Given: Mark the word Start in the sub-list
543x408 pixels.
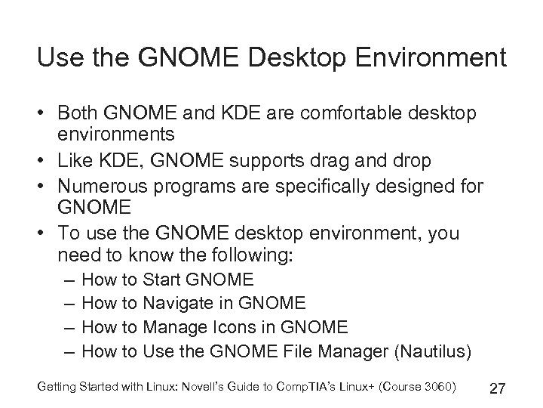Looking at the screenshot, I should click(162, 280).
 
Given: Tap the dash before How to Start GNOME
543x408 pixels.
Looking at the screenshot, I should click(69, 280).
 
